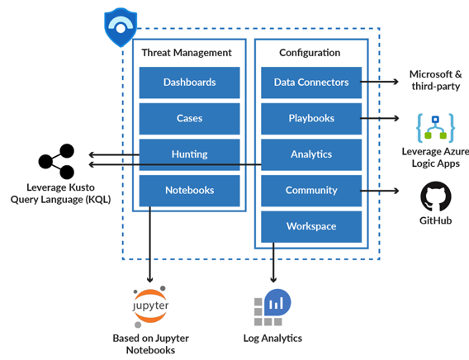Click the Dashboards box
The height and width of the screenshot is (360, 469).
tap(189, 83)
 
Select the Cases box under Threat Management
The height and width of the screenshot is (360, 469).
tap(189, 118)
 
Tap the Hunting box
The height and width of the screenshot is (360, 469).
tap(189, 154)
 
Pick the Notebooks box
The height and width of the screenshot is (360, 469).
tap(189, 191)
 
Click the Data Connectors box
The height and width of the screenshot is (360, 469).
tap(311, 83)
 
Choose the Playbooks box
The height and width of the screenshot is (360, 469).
tap(311, 118)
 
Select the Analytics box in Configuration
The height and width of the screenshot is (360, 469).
tap(311, 154)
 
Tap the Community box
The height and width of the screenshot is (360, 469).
tap(311, 191)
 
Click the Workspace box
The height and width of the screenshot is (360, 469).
tap(311, 226)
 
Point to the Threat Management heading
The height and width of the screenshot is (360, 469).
tap(187, 53)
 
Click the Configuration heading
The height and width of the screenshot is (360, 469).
tap(310, 53)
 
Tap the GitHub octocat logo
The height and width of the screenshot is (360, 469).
tap(435, 197)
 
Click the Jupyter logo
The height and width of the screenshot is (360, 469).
tap(150, 306)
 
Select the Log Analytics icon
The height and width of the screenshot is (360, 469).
tap(272, 307)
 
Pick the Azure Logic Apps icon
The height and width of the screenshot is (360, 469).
tap(435, 128)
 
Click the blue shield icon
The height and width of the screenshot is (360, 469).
tap(121, 27)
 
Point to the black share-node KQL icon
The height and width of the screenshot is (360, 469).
tap(56, 162)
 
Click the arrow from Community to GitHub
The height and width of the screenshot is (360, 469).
tap(379, 191)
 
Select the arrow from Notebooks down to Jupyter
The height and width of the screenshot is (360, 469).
tap(149, 244)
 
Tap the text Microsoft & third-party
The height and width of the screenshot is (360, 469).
tap(435, 80)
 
